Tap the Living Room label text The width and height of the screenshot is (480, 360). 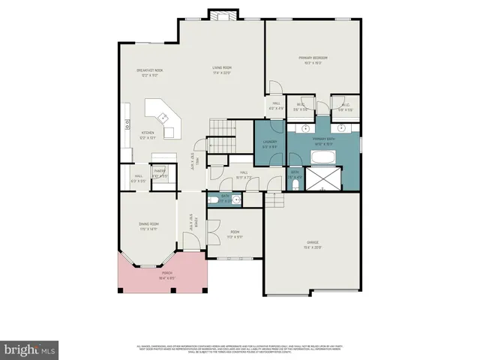(220, 70)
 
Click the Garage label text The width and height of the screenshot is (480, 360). (313, 244)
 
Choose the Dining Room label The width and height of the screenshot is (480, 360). (148, 226)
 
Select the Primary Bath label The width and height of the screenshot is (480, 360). (323, 141)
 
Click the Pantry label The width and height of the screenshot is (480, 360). (160, 173)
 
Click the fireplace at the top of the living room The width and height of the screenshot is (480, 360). (221, 16)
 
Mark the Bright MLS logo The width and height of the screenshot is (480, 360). (30, 349)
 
